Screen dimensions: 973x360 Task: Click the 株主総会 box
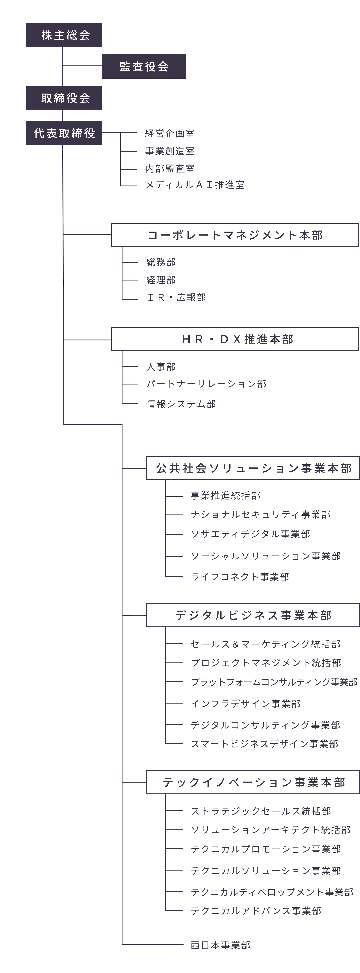click(64, 35)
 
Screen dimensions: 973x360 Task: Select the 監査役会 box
click(144, 67)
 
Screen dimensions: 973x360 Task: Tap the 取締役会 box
click(64, 98)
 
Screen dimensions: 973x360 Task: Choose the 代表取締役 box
click(64, 133)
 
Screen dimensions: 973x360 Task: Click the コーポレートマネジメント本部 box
click(235, 235)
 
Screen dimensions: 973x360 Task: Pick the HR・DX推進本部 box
click(235, 339)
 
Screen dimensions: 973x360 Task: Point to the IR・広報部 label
click(176, 298)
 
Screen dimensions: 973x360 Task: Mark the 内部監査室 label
click(170, 168)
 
